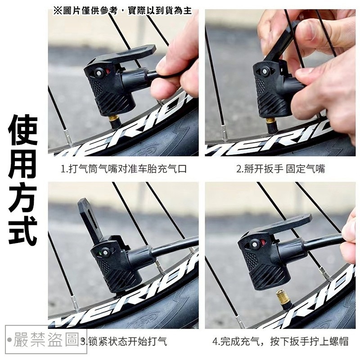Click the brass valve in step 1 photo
[x=113, y=119]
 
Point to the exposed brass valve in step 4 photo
[x=283, y=297]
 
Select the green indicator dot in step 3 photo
[x=99, y=253]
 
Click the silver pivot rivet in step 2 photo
[x=265, y=72]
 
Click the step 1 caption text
[x=124, y=169]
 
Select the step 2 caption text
[x=280, y=169]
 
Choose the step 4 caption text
[x=280, y=341]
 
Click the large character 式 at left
[x=23, y=229]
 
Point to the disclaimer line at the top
[x=122, y=10]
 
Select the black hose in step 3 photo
[x=175, y=246]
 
